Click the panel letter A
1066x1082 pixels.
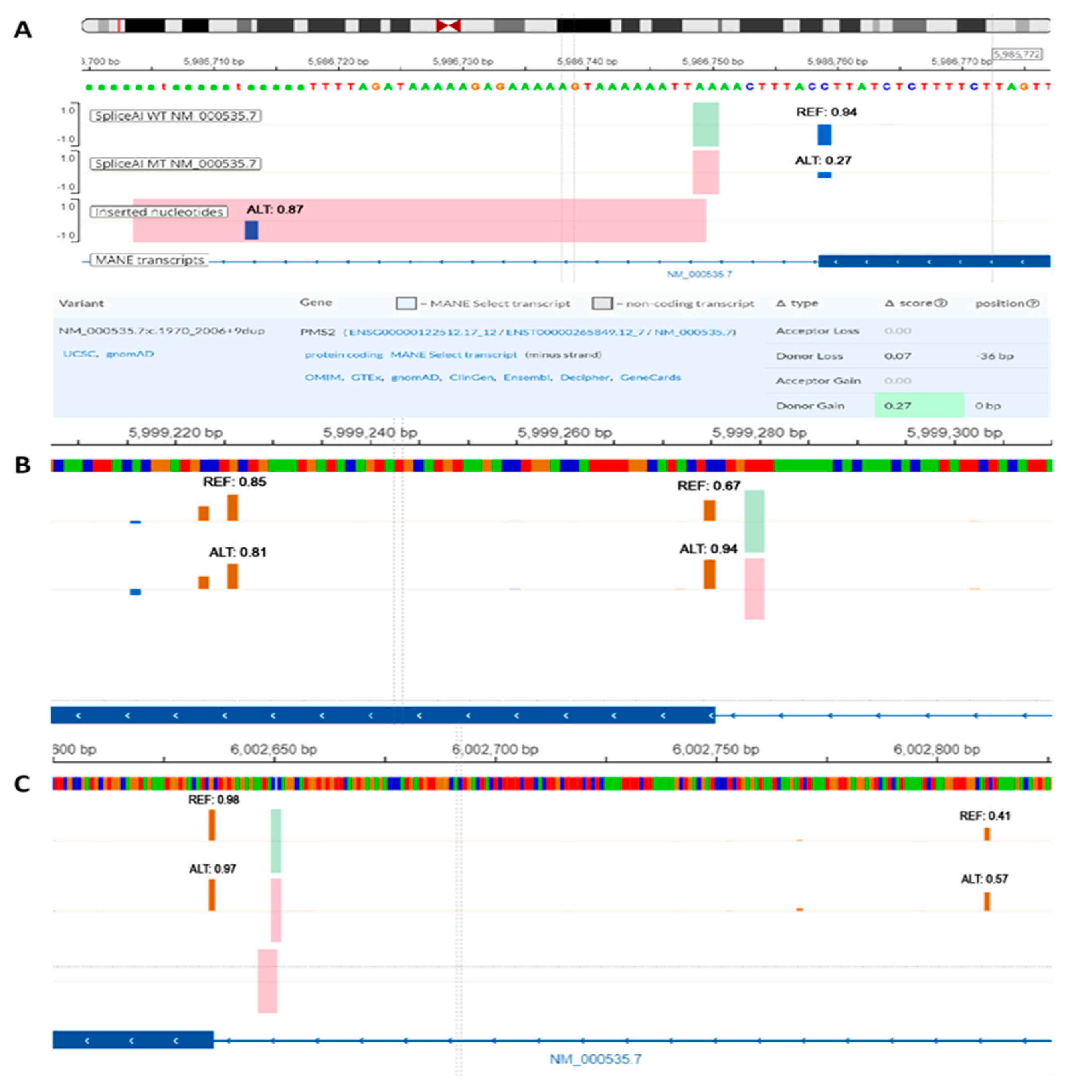[x=22, y=30]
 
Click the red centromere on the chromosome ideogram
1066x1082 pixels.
[x=449, y=25]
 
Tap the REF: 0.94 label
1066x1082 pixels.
[x=827, y=112]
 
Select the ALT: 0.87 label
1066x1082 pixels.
[x=275, y=210]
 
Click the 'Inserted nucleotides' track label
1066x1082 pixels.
[x=159, y=212]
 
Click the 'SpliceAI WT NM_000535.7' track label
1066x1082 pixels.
[x=175, y=116]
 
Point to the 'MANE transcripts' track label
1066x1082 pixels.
[x=149, y=260]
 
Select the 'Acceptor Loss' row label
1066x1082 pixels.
[x=817, y=331]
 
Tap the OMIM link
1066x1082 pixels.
[x=322, y=377]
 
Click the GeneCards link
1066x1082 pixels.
[x=650, y=377]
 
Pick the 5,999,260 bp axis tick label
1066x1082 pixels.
[x=564, y=433]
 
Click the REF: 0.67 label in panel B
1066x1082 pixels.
[x=708, y=486]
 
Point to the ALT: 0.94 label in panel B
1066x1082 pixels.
[x=708, y=549]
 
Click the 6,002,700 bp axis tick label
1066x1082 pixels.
[x=495, y=749]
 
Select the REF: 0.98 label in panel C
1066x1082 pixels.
[x=213, y=800]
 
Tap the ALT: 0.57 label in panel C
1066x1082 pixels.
[x=984, y=879]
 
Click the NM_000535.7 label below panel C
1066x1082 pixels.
[x=595, y=1059]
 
